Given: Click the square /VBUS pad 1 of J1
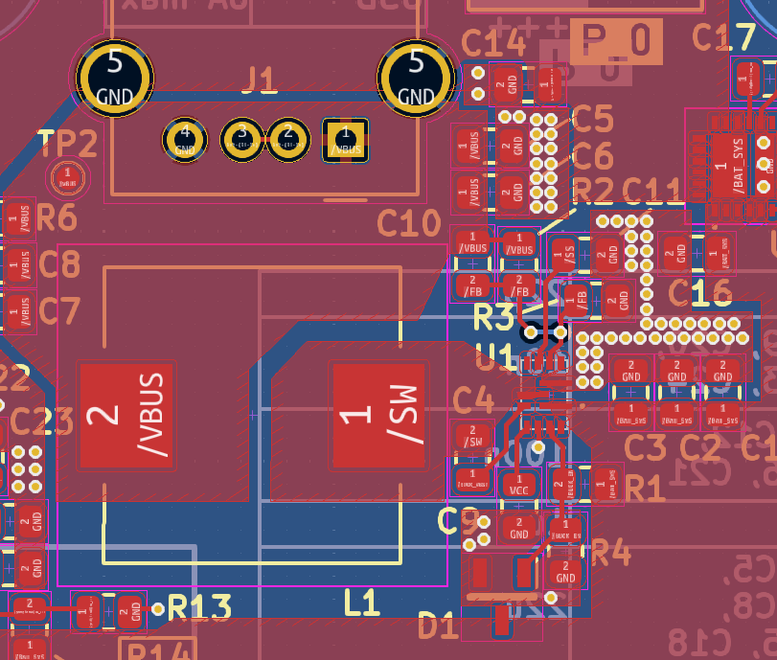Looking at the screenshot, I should (x=345, y=140).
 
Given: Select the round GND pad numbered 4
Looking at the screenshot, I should (x=186, y=140).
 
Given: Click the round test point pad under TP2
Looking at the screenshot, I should (x=67, y=176).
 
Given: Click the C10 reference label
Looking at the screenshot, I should (x=407, y=224).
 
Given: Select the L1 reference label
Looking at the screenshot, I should (x=362, y=603).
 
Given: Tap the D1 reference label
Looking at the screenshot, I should (x=438, y=627).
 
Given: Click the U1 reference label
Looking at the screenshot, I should (x=496, y=358).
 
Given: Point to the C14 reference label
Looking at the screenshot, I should (x=492, y=42).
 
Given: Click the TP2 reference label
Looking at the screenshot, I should (x=69, y=144).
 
